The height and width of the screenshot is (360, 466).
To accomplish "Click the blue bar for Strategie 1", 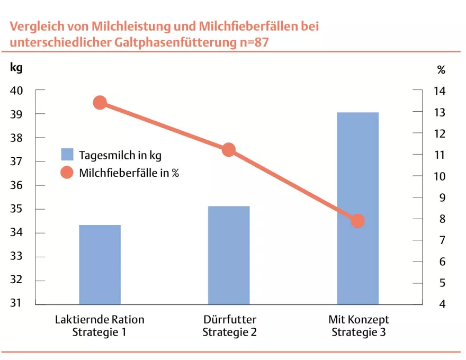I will pyautogui.click(x=100, y=265).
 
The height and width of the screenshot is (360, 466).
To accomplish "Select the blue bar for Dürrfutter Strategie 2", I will pyautogui.click(x=229, y=255).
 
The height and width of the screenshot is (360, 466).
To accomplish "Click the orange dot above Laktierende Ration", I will pyautogui.click(x=100, y=103).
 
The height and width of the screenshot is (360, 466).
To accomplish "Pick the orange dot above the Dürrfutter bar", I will pyautogui.click(x=229, y=150).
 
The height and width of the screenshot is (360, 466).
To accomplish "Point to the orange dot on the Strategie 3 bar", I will pyautogui.click(x=358, y=221).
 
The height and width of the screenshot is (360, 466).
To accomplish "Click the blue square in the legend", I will pyautogui.click(x=67, y=155).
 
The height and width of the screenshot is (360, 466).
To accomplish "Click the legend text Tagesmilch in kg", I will pyautogui.click(x=120, y=155).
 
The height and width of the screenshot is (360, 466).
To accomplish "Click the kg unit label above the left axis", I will pyautogui.click(x=16, y=68).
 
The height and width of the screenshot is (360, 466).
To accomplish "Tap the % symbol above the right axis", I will pyautogui.click(x=441, y=70).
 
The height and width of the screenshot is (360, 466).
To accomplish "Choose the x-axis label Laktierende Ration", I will pyautogui.click(x=100, y=320).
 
